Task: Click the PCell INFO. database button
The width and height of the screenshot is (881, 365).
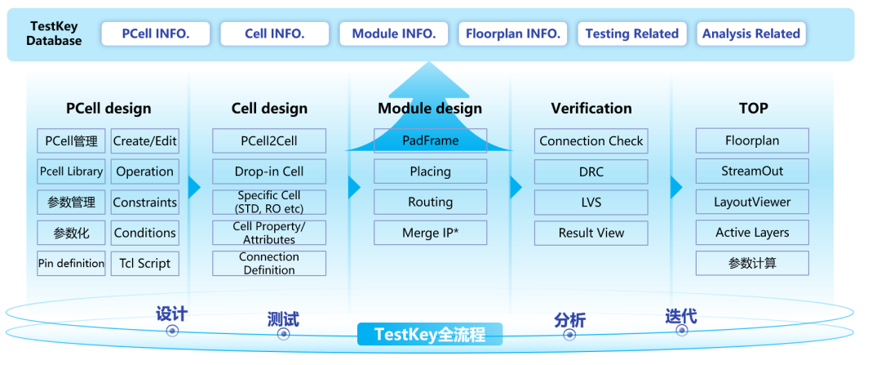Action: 156,33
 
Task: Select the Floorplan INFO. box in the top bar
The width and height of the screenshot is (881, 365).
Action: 512,33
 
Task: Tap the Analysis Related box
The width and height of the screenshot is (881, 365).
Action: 750,33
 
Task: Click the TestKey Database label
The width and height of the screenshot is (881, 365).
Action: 54,33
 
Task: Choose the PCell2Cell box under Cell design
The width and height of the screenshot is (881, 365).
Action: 269,140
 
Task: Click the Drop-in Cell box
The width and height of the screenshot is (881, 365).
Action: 269,171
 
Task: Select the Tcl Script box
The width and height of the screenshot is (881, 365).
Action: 145,263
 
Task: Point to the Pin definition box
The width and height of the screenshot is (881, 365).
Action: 72,263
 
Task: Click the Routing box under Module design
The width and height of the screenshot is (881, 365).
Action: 430,202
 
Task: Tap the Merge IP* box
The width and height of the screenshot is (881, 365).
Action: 430,233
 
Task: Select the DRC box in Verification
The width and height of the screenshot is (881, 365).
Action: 591,171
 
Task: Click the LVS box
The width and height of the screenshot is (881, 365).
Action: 591,202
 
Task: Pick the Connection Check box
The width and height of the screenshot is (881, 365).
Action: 591,140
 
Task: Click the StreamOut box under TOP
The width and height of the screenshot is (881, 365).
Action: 752,171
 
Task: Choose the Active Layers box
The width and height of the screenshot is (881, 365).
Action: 752,233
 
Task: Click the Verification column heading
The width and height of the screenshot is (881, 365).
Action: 591,109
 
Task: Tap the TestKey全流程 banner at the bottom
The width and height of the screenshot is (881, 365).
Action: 430,334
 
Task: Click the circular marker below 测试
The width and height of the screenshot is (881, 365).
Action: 283,334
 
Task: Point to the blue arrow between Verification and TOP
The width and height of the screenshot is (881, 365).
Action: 676,187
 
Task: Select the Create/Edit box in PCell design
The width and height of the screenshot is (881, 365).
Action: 145,140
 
